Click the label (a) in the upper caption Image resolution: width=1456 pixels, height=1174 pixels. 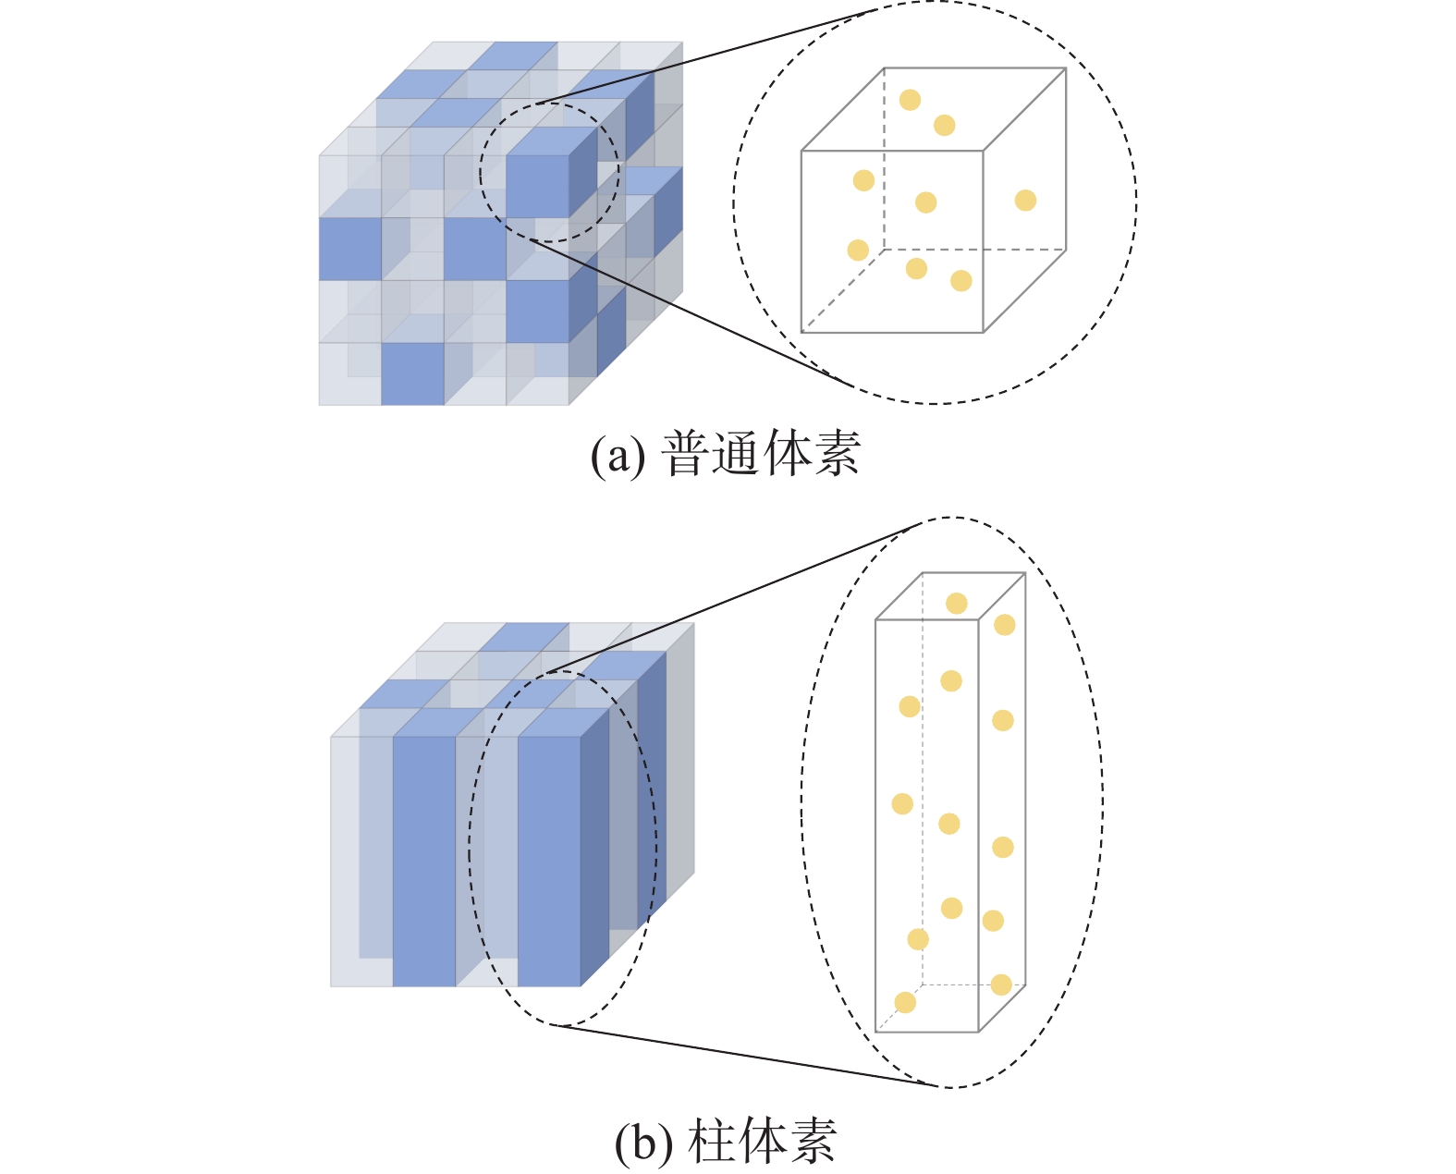[618, 456]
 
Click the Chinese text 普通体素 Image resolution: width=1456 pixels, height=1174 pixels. [762, 454]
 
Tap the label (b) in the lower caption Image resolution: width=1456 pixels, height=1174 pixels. [643, 1143]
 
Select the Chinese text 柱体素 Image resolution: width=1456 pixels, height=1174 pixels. [762, 1143]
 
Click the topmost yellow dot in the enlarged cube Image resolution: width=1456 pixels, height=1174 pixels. [910, 100]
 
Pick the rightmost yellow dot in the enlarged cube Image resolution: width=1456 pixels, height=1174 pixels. [1025, 201]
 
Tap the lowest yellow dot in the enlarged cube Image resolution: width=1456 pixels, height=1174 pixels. [961, 281]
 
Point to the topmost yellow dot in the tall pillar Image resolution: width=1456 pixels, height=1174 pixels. [957, 604]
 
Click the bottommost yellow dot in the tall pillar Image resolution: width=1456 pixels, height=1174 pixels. [905, 1003]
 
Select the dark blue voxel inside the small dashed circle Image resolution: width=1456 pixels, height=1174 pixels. [537, 186]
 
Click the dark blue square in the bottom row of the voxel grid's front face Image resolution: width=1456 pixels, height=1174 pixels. [412, 373]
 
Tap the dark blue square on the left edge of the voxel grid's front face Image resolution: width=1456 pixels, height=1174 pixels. [350, 249]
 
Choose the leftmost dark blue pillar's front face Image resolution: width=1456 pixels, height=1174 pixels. [424, 860]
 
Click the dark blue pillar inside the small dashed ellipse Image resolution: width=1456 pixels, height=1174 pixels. [549, 860]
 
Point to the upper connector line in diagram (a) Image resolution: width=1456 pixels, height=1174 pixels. [703, 56]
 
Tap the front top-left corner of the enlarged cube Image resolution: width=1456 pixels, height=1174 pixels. [801, 151]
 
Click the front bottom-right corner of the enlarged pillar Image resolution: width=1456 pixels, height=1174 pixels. [978, 1032]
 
